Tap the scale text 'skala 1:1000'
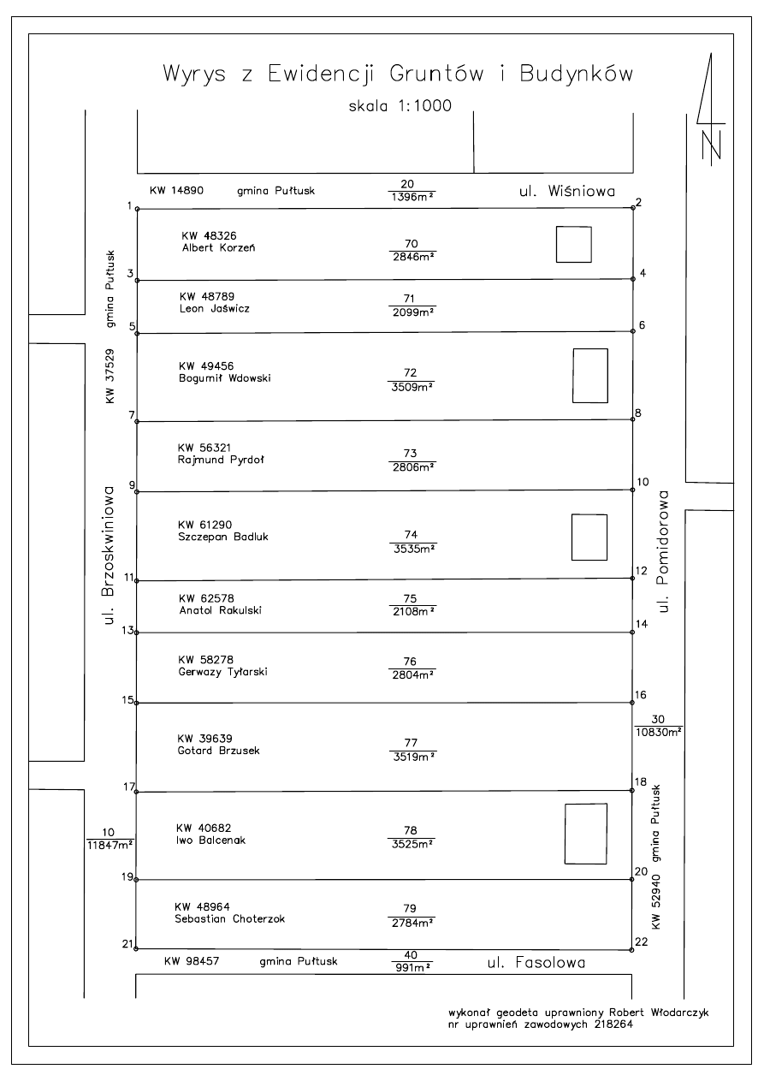click(x=400, y=106)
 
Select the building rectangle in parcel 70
click(x=573, y=245)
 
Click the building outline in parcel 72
click(x=589, y=376)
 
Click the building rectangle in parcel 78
click(x=585, y=834)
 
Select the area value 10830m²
click(x=659, y=732)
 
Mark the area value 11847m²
click(x=111, y=845)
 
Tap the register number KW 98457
click(x=192, y=961)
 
